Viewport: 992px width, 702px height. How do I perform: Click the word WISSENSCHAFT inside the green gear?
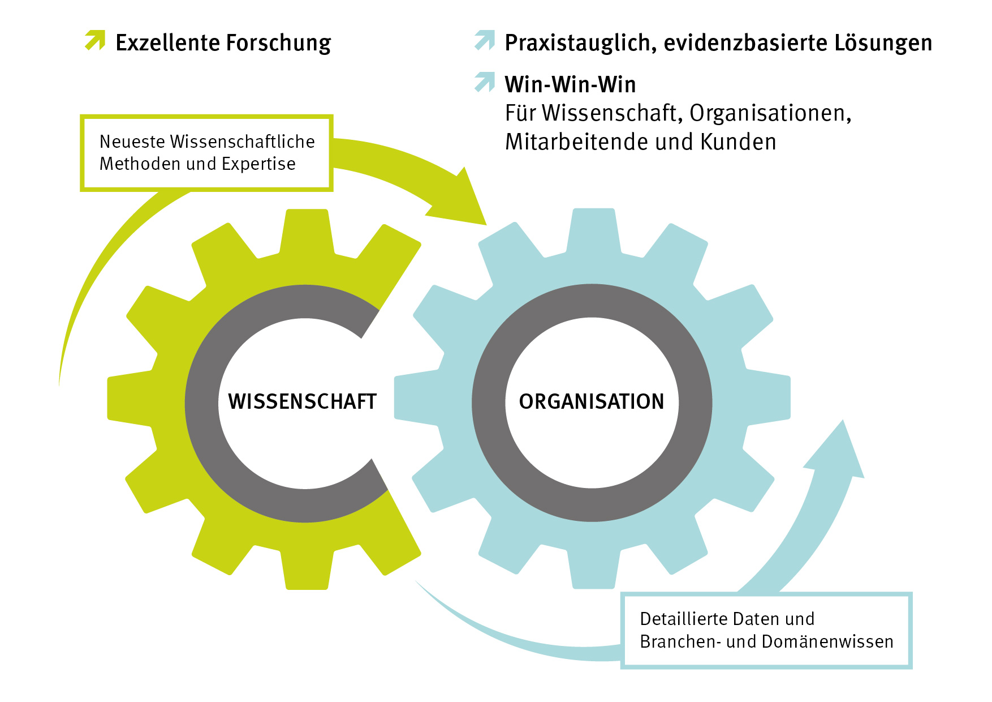point(302,401)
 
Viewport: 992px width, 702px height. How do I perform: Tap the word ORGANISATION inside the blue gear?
point(592,401)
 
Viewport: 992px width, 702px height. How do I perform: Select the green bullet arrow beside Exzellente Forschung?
point(95,40)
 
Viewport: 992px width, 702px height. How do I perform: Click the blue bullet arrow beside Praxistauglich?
point(485,40)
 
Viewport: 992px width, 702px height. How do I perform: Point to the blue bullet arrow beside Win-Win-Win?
point(485,82)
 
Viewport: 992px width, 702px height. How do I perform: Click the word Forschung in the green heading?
point(279,44)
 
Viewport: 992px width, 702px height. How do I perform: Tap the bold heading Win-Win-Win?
point(570,85)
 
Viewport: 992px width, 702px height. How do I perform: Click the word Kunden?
point(738,142)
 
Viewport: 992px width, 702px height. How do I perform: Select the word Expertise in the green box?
point(258,164)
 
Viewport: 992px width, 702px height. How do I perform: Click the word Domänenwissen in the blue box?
point(827,641)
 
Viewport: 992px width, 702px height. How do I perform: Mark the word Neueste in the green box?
point(132,142)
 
